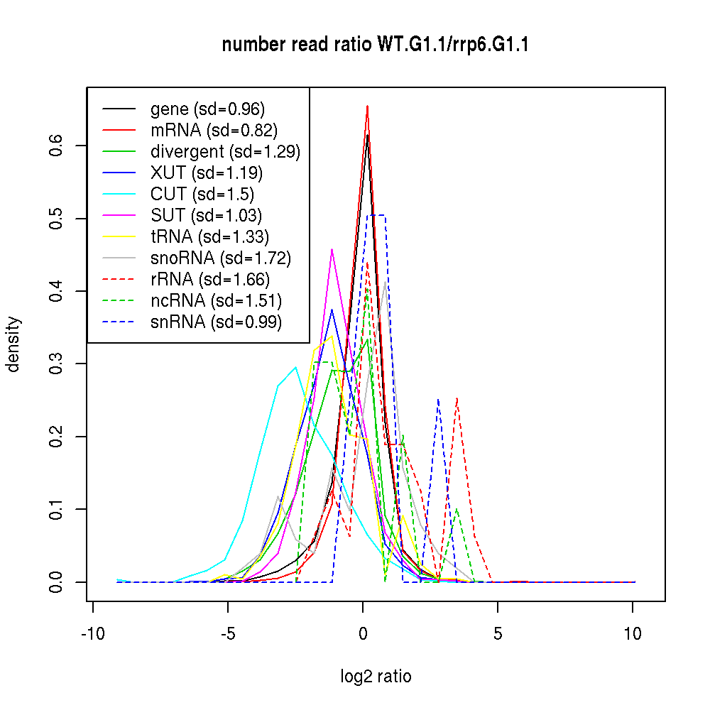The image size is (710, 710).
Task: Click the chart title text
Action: coord(375,45)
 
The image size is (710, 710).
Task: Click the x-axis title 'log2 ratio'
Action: coord(376,676)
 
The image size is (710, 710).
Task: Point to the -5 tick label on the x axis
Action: coord(228,633)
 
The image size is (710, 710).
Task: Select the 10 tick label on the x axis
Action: coord(633,633)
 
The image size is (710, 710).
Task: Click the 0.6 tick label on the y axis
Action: coord(58,146)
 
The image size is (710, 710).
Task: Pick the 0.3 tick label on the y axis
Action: coord(58,364)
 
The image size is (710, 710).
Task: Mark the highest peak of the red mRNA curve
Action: coord(367,106)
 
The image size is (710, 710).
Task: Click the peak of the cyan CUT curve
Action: coord(295,367)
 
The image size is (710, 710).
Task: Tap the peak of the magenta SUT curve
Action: coord(332,249)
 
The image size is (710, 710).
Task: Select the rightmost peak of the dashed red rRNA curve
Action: coord(457,398)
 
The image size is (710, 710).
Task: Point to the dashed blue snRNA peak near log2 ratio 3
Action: coord(439,400)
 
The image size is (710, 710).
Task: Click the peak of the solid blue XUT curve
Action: coord(332,310)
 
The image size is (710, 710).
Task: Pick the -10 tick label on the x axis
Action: coord(93,633)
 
